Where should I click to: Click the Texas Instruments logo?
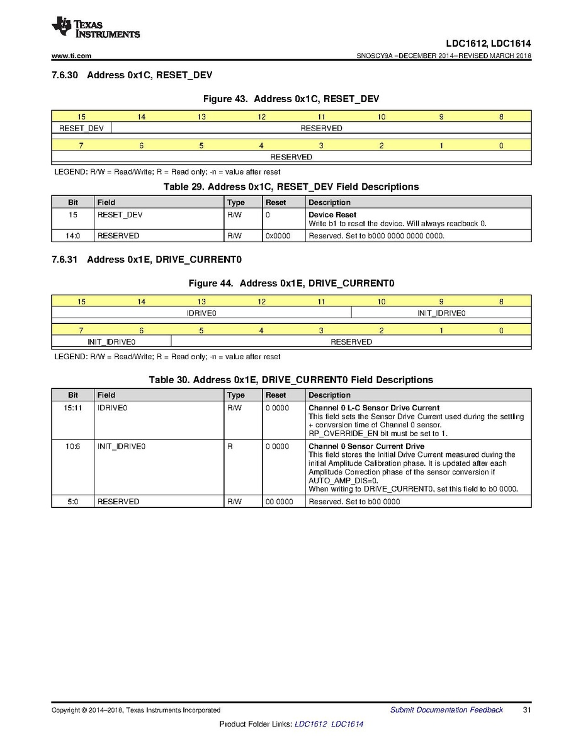point(95,28)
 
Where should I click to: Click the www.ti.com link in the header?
point(72,56)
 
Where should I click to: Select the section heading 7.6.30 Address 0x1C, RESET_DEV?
point(132,76)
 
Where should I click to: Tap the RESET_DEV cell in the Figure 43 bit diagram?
point(81,129)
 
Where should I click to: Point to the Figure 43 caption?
point(290,99)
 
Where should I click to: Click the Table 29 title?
point(291,187)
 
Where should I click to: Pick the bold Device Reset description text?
point(332,215)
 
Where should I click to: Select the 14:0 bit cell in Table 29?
point(73,236)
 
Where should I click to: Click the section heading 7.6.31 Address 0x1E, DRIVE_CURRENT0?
point(147,260)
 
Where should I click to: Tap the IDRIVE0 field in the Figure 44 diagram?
point(201,313)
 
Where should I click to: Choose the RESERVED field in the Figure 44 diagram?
point(351,342)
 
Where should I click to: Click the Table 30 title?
point(291,380)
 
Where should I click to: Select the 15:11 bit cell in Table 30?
point(73,408)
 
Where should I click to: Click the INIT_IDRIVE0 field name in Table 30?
point(122,446)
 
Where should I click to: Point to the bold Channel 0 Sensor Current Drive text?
point(366,446)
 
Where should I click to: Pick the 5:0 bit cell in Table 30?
point(73,502)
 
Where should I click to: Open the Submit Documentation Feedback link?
point(446,710)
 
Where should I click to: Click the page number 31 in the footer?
point(527,710)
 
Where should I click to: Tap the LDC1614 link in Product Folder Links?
point(347,724)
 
